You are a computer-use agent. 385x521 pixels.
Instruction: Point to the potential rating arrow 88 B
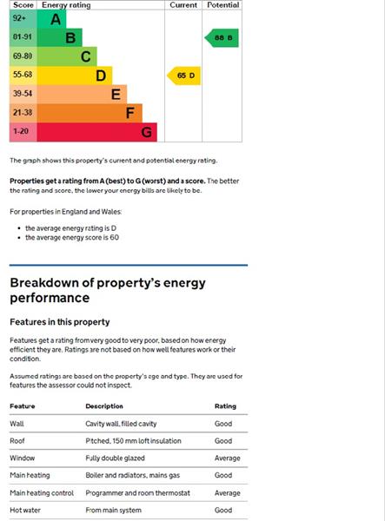(222, 37)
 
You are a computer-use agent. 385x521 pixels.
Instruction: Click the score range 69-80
(23, 56)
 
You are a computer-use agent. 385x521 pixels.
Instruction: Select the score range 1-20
(21, 132)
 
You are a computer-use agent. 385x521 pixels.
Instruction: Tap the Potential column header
(222, 5)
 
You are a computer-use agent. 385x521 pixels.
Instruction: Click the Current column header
(183, 5)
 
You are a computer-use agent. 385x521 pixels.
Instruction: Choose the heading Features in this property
(59, 322)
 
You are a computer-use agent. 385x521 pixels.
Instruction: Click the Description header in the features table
(104, 406)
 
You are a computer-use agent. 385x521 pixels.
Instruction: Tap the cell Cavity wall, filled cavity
(121, 423)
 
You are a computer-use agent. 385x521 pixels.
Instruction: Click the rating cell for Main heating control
(227, 493)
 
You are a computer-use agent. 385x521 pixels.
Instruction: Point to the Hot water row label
(25, 511)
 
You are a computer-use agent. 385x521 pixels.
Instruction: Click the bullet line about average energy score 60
(72, 237)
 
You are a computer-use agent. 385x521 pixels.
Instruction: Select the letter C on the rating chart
(85, 56)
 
